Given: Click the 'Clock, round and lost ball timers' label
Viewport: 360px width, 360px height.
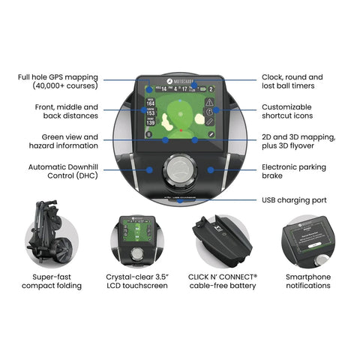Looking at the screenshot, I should pos(292,82).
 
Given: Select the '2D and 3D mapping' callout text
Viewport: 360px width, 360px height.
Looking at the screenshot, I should pos(296,142).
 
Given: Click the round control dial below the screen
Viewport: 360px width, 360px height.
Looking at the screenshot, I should pos(179,169).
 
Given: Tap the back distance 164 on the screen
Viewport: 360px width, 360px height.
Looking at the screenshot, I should pos(150,103).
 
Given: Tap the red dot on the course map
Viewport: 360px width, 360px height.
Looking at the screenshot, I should pos(179,129).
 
